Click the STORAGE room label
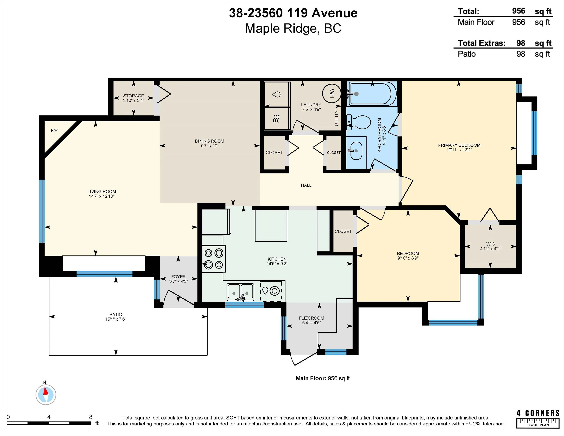pos(134,96)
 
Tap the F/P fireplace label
pos(54,130)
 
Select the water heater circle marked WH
pos(332,93)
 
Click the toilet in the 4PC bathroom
pos(359,122)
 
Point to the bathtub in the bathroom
pos(372,94)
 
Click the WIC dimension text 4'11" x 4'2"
pos(490,249)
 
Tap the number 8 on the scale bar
pos(91,417)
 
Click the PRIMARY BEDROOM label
pos(459,145)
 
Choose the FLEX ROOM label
pos(311,318)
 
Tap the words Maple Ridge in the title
pos(281,28)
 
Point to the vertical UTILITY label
pos(336,118)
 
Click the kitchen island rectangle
pos(271,226)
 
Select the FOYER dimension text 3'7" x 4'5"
pos(178,281)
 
